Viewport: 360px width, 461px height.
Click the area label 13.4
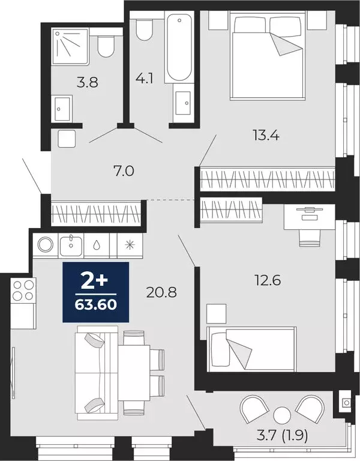tap(266, 134)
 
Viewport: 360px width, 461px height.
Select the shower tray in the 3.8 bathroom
tap(70, 44)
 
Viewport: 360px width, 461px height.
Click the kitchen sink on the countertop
tap(71, 244)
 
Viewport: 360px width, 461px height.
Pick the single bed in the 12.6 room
tap(251, 348)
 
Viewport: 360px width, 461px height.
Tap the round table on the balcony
tap(281, 415)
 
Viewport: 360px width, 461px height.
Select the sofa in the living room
tap(95, 371)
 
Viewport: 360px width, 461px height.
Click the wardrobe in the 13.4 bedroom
tap(266, 179)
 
